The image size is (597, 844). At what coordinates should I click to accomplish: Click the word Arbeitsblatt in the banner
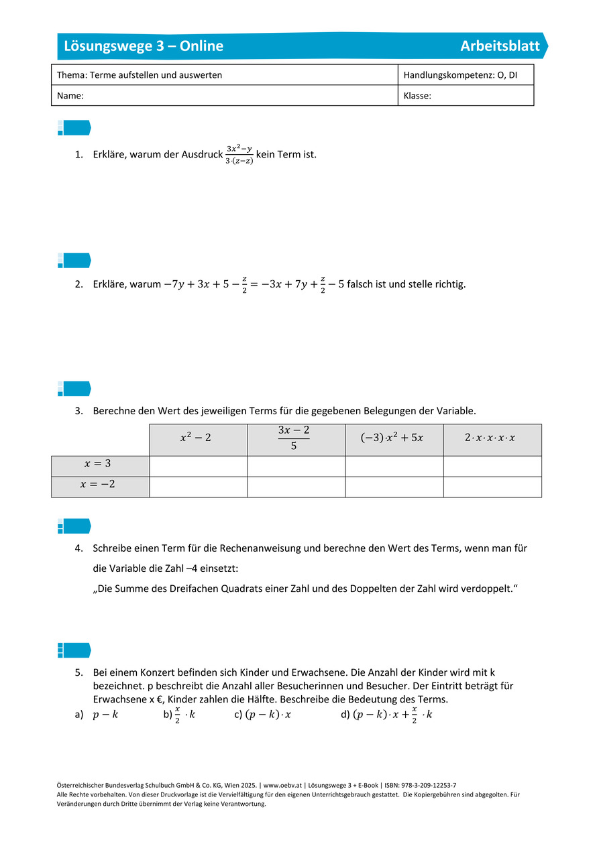(x=500, y=46)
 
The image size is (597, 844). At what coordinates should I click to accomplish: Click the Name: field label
(x=70, y=96)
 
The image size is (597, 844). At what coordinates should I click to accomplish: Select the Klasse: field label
(x=417, y=96)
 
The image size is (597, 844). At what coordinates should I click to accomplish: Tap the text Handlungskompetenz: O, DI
(x=460, y=75)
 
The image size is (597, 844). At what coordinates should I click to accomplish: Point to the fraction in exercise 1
(x=239, y=155)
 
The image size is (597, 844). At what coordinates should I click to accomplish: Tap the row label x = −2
(x=100, y=485)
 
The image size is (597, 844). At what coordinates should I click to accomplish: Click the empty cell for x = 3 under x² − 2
(x=198, y=466)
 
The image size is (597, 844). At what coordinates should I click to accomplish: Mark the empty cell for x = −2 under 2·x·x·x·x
(x=492, y=487)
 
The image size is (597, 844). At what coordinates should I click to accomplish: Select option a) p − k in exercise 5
(x=105, y=715)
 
